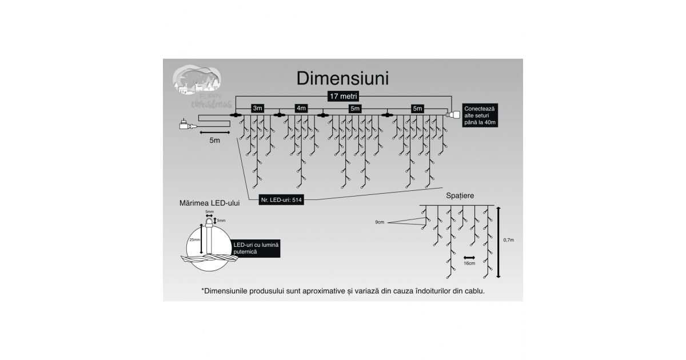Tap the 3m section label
258,108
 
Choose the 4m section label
301,108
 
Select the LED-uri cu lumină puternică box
256,248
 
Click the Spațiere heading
460,196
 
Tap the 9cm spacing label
380,222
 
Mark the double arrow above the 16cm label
470,257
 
